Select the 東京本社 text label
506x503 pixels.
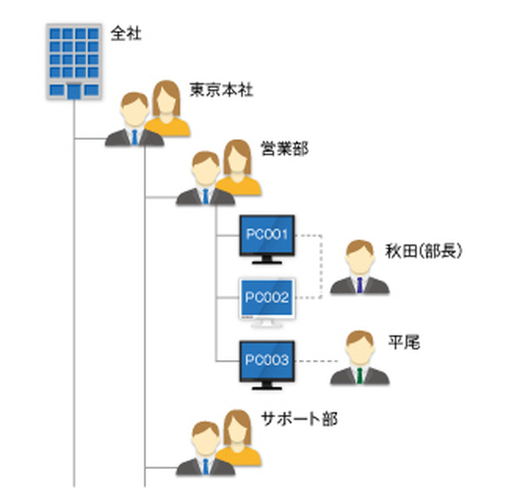pos(221,89)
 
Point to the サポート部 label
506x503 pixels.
pos(299,418)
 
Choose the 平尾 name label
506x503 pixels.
pos(404,343)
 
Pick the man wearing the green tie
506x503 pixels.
pos(359,360)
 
